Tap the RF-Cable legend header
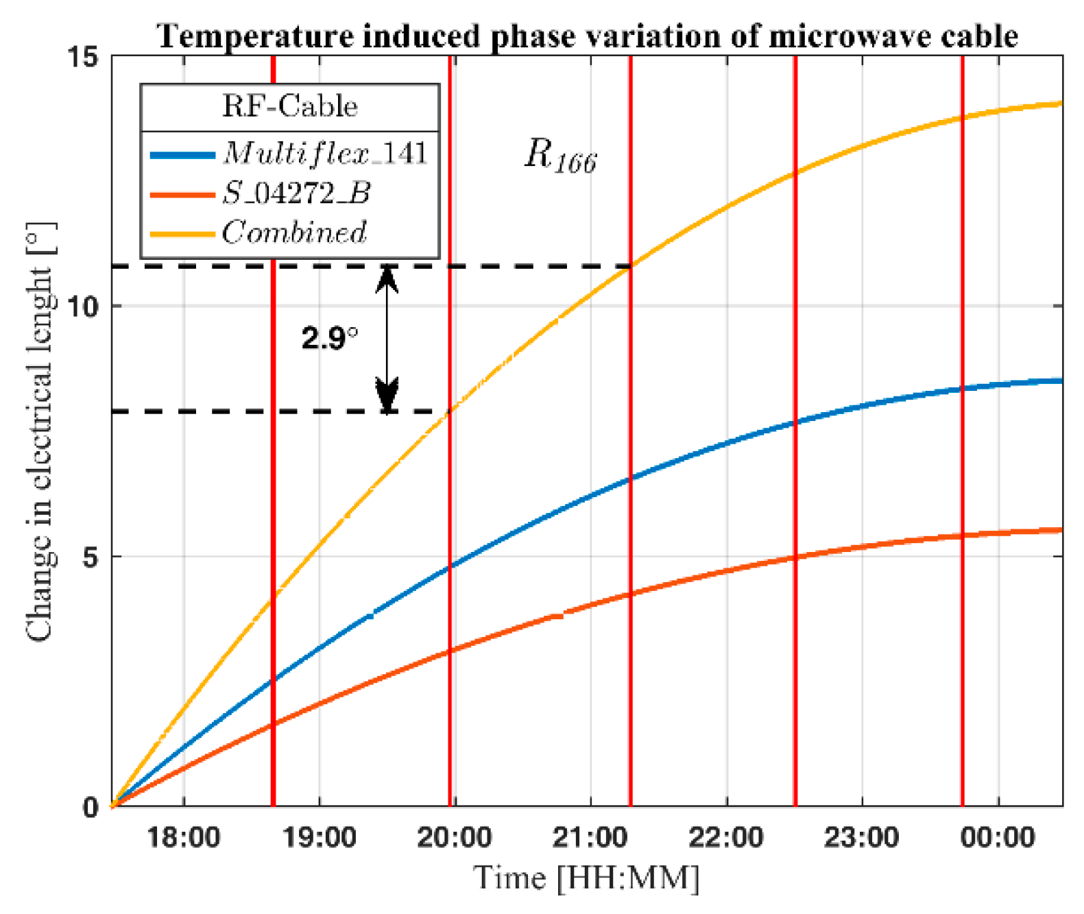pyautogui.click(x=289, y=107)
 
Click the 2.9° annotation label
pyautogui.click(x=329, y=338)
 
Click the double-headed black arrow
pyautogui.click(x=387, y=339)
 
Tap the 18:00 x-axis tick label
pyautogui.click(x=184, y=837)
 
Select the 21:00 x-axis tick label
pyautogui.click(x=590, y=837)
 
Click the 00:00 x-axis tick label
pyautogui.click(x=998, y=837)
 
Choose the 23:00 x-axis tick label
pyautogui.click(x=862, y=837)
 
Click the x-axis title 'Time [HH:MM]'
pyautogui.click(x=586, y=878)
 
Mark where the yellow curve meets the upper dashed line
pyautogui.click(x=630, y=266)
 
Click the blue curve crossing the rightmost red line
pyautogui.click(x=963, y=389)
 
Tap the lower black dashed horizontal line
pyautogui.click(x=274, y=411)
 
